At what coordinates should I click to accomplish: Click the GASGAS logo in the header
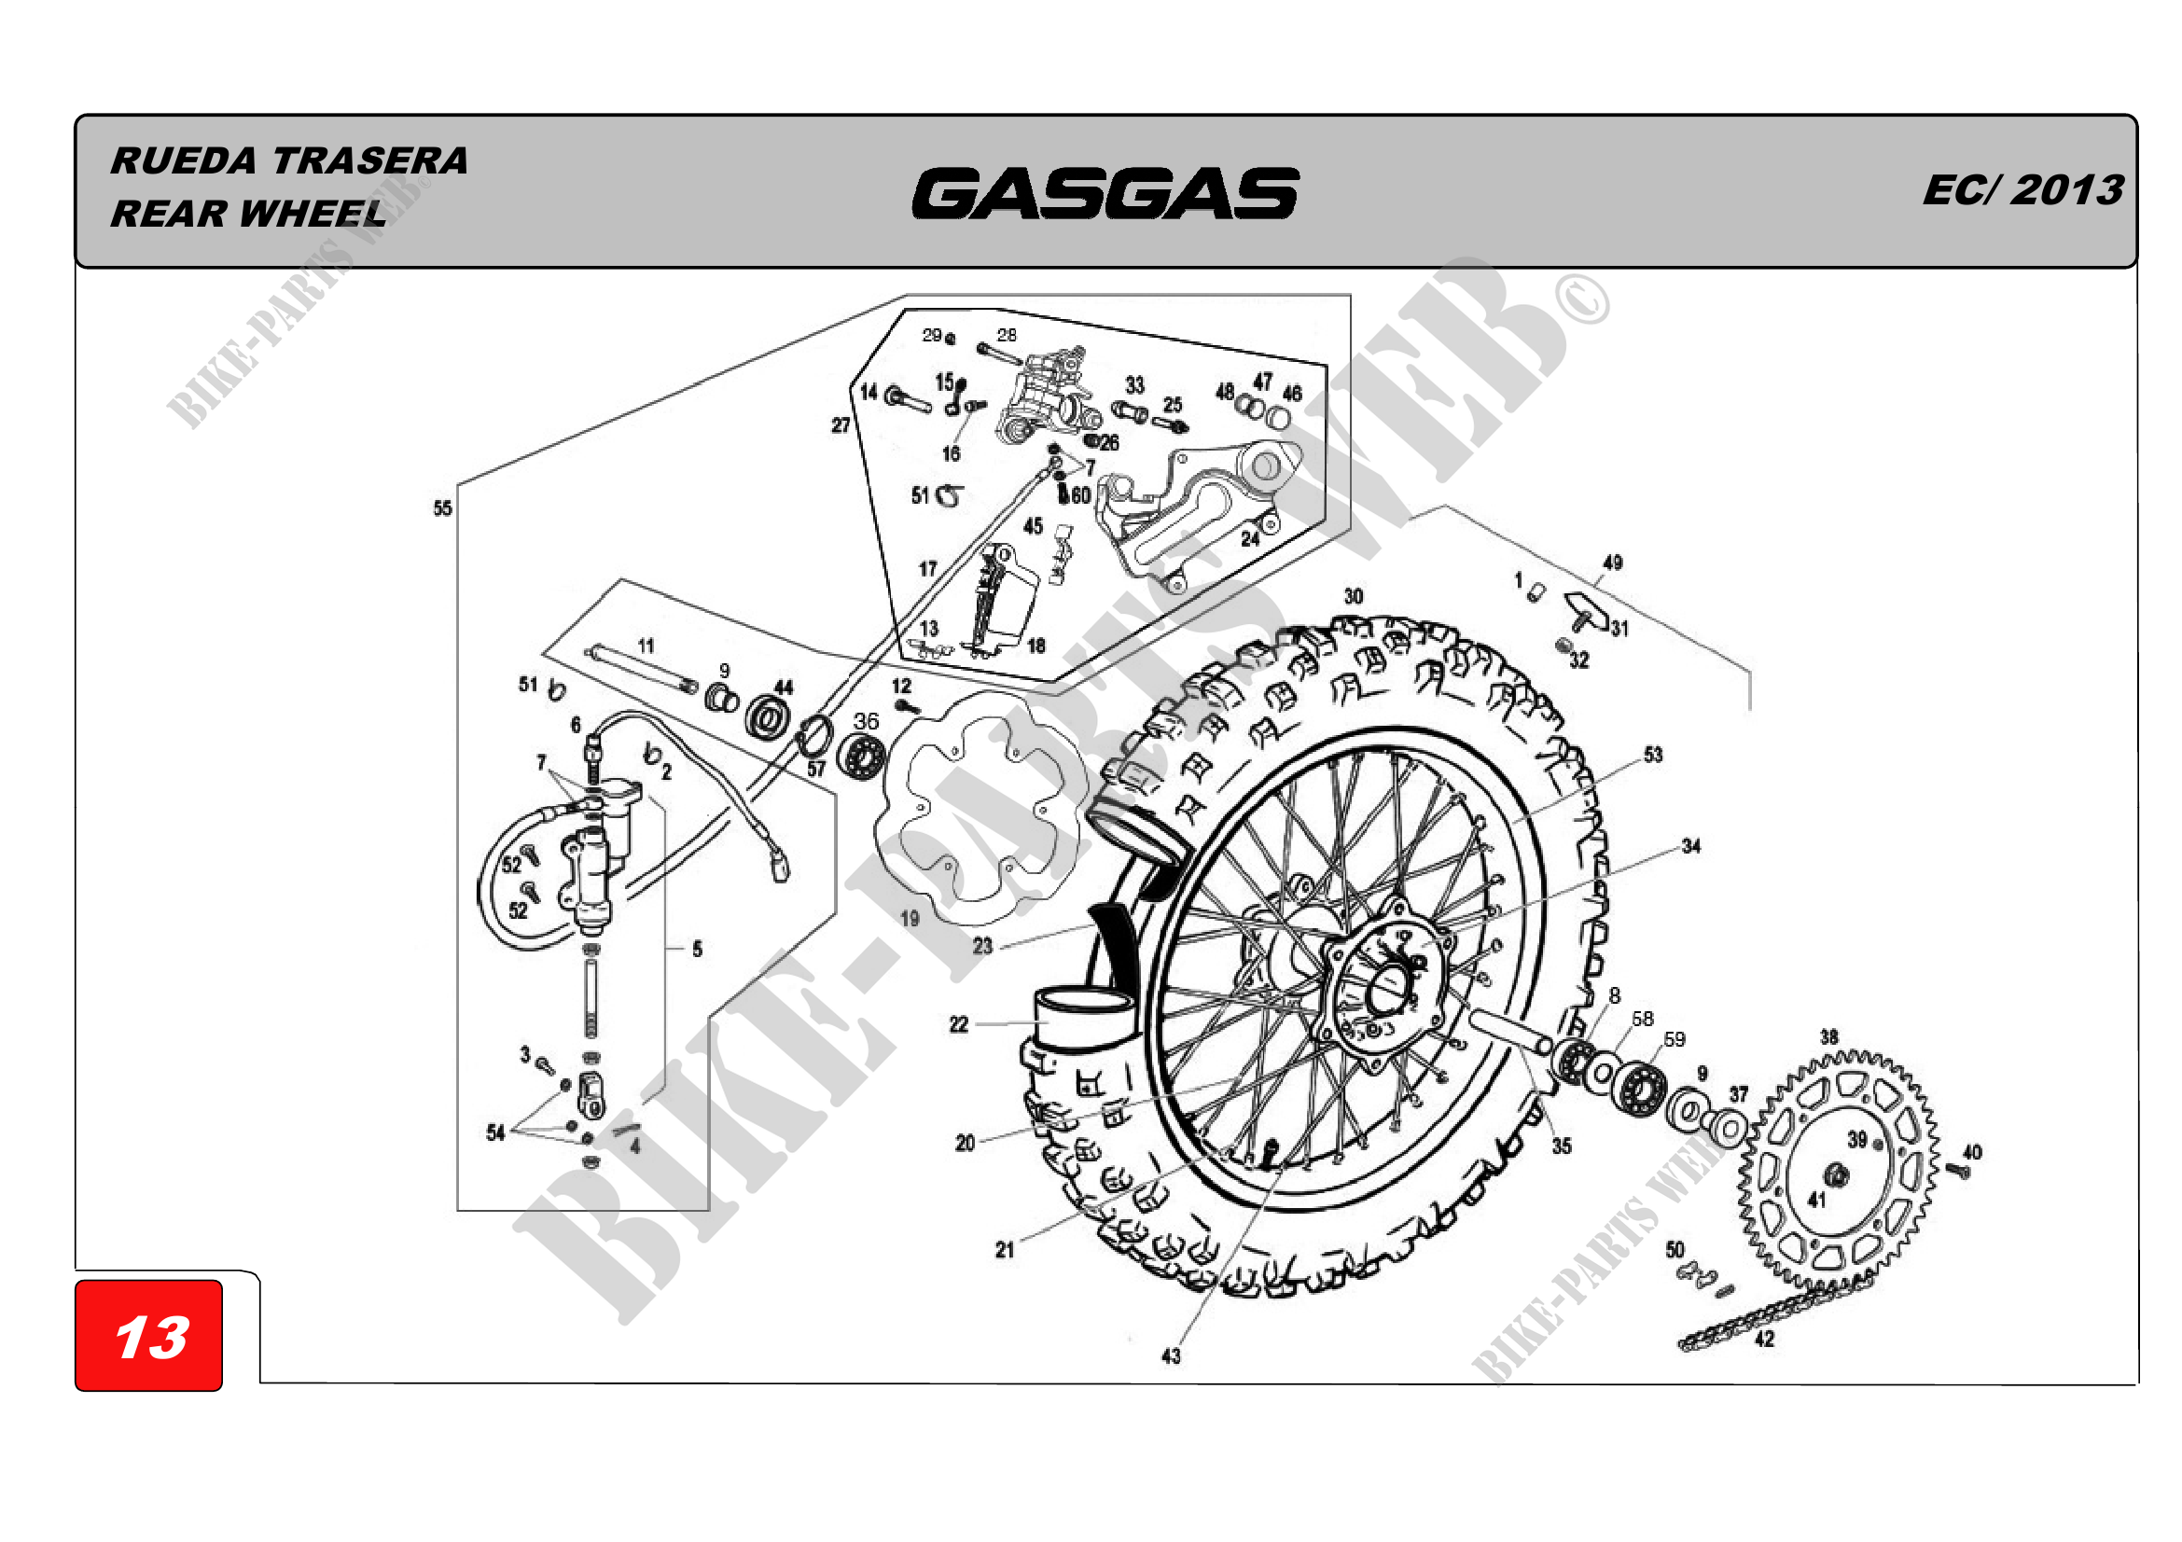[x=1105, y=193]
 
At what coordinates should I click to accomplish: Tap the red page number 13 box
[x=149, y=1335]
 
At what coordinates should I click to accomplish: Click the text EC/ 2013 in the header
[x=2022, y=190]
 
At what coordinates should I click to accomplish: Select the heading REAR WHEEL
[x=249, y=214]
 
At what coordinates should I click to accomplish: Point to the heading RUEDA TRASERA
[x=290, y=160]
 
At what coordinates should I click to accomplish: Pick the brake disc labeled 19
[x=983, y=808]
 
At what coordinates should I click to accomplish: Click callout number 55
[x=443, y=508]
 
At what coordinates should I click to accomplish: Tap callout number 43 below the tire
[x=1171, y=1355]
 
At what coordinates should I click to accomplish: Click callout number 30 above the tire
[x=1354, y=597]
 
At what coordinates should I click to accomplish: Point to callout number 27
[x=841, y=424]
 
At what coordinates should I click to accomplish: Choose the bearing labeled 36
[x=863, y=757]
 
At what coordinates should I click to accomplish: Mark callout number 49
[x=1613, y=563]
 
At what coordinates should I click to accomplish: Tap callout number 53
[x=1654, y=755]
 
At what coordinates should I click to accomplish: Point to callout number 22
[x=958, y=1024]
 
